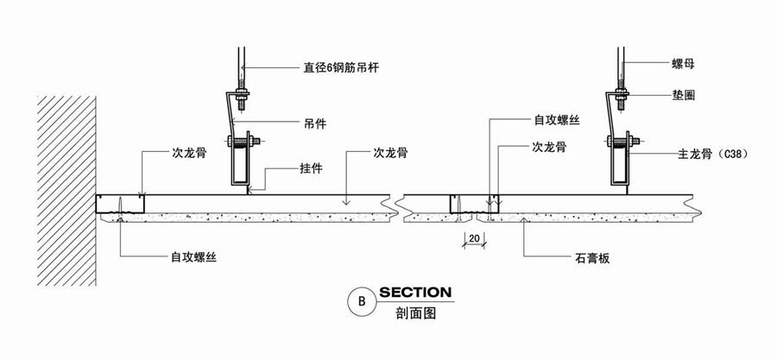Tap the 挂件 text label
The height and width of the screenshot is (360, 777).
312,168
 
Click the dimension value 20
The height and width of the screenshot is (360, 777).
474,237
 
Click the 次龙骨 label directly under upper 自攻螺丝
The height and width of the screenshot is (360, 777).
548,147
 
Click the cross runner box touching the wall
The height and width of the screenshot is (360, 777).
121,204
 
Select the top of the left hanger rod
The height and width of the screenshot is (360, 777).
243,54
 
